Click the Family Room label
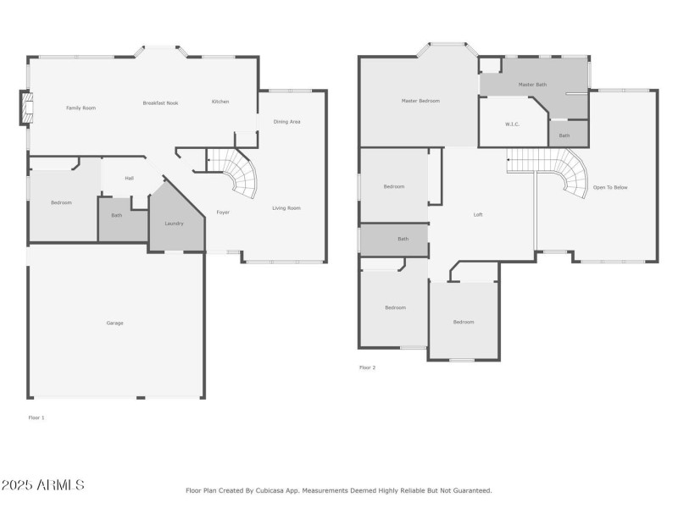(81, 108)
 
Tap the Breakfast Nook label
(160, 102)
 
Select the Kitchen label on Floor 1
(220, 102)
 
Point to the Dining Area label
(286, 122)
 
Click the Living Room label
(286, 207)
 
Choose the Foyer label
(223, 212)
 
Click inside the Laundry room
(174, 224)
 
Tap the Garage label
(114, 323)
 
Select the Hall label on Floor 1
(129, 178)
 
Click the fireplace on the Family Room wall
(26, 108)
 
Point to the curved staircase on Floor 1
(240, 174)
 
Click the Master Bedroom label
(420, 101)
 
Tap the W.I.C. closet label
(512, 124)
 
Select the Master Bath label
(532, 85)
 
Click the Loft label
(478, 214)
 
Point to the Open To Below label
(610, 187)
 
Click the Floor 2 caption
(367, 367)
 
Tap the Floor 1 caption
(36, 417)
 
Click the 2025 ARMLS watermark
(42, 485)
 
